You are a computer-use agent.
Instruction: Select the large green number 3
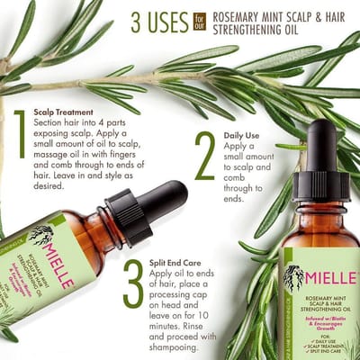click(x=132, y=284)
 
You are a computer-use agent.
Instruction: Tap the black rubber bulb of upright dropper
click(x=321, y=148)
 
